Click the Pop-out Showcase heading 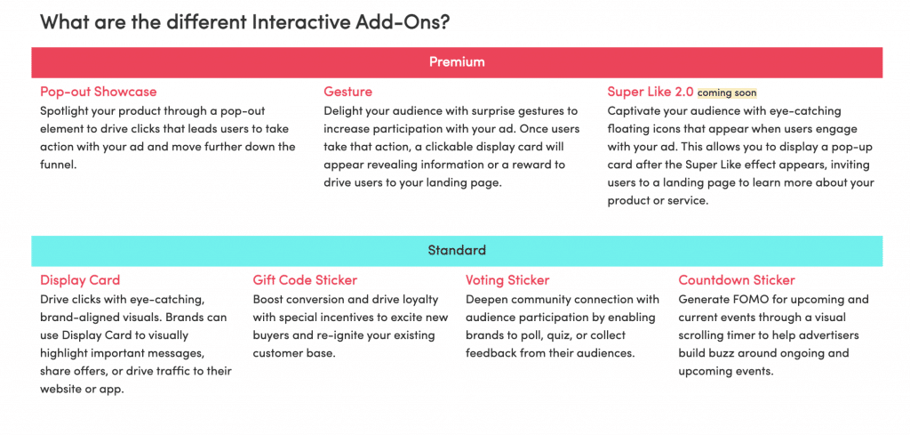(98, 92)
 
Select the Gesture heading (348, 92)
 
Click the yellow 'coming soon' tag (727, 93)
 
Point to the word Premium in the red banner (457, 61)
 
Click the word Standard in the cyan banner (457, 251)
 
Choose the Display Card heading (80, 280)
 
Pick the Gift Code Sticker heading (306, 280)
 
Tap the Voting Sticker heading (507, 280)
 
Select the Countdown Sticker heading (737, 280)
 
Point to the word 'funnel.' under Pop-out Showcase (59, 165)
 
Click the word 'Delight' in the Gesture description (342, 110)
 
